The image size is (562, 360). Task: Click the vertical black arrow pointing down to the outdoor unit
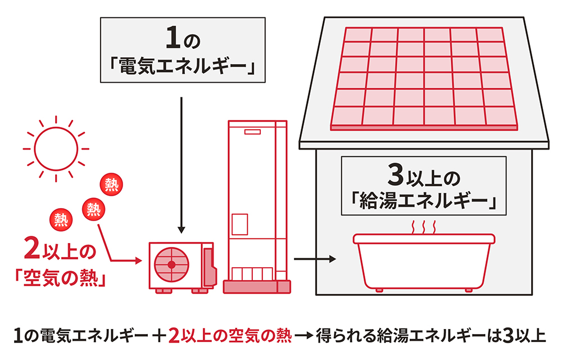(181, 163)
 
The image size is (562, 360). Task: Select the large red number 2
(31, 249)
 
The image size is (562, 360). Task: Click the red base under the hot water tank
(258, 287)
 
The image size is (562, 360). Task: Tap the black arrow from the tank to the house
(315, 260)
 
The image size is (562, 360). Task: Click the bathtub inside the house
(424, 262)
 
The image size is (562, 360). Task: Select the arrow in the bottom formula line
(305, 336)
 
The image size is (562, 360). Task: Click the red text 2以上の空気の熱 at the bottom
(230, 336)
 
